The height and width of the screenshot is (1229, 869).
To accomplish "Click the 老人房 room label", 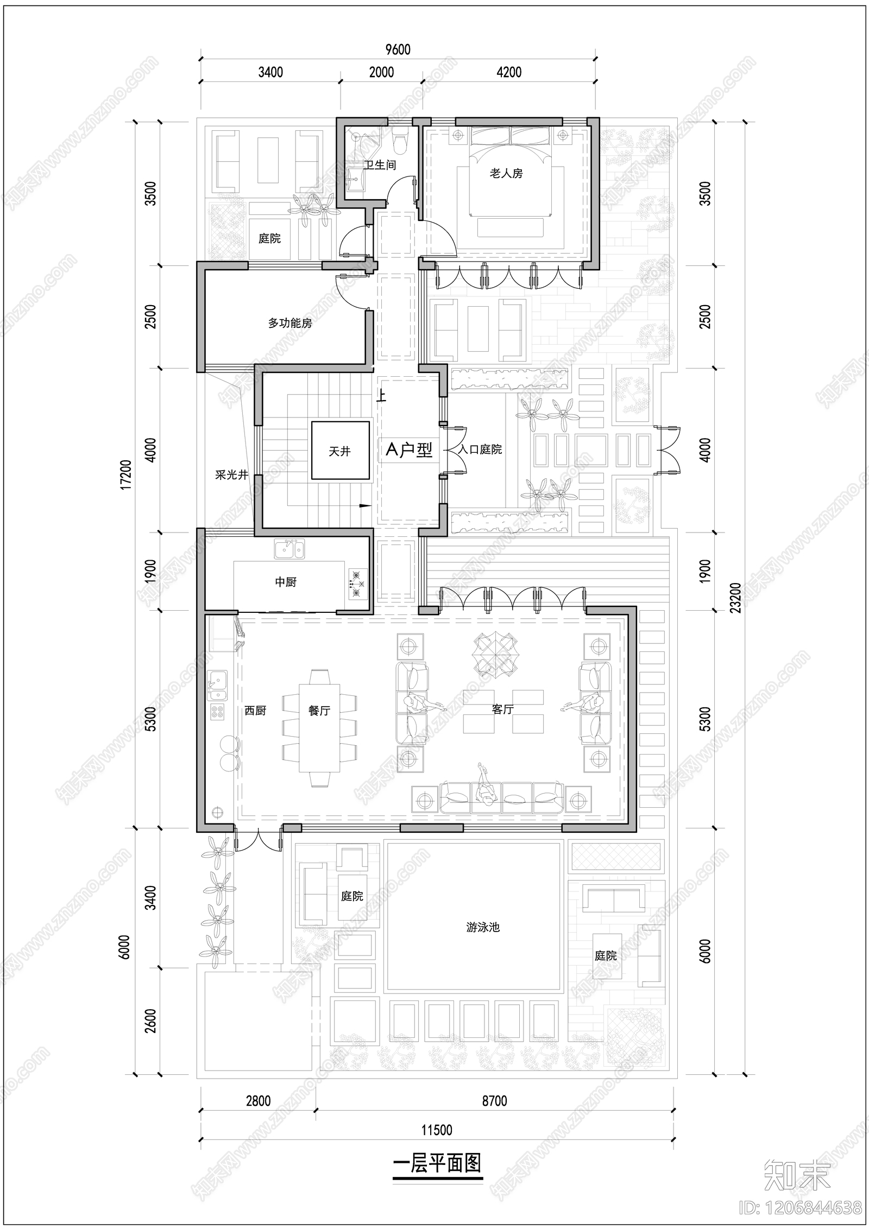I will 506,174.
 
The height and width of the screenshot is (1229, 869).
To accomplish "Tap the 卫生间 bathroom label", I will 380,165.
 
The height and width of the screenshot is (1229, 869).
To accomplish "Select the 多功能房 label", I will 290,323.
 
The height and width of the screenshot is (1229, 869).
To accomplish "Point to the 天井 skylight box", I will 340,451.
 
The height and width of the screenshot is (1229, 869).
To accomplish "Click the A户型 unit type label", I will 409,449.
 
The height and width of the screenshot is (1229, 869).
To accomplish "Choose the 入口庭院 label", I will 480,449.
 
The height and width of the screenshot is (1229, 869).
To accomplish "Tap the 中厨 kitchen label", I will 286,582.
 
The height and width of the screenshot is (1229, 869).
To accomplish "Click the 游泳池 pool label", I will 482,927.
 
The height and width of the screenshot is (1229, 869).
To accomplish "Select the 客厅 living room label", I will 502,709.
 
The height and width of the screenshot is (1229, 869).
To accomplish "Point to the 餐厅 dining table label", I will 319,710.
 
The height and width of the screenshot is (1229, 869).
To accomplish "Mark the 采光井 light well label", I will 231,475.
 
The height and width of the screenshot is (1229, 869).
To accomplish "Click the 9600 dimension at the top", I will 398,50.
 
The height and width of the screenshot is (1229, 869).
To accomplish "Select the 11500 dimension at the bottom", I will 437,1130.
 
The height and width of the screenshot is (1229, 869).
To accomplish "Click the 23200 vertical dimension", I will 735,597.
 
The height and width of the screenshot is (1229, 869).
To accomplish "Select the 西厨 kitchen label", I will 255,710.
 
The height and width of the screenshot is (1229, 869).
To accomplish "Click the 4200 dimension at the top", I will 509,72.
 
